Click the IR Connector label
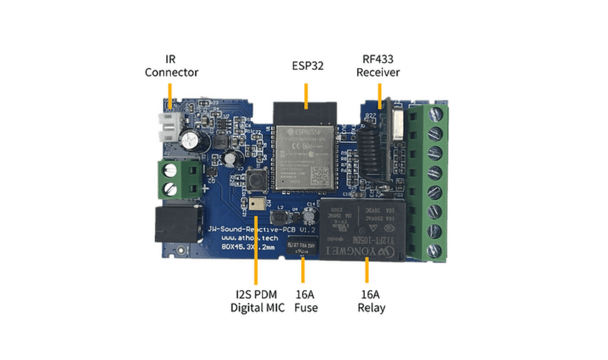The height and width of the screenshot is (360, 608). click(x=171, y=66)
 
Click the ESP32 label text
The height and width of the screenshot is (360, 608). click(x=306, y=66)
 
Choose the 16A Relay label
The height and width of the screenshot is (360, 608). click(x=367, y=300)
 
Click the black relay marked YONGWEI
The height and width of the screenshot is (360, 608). click(x=367, y=230)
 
